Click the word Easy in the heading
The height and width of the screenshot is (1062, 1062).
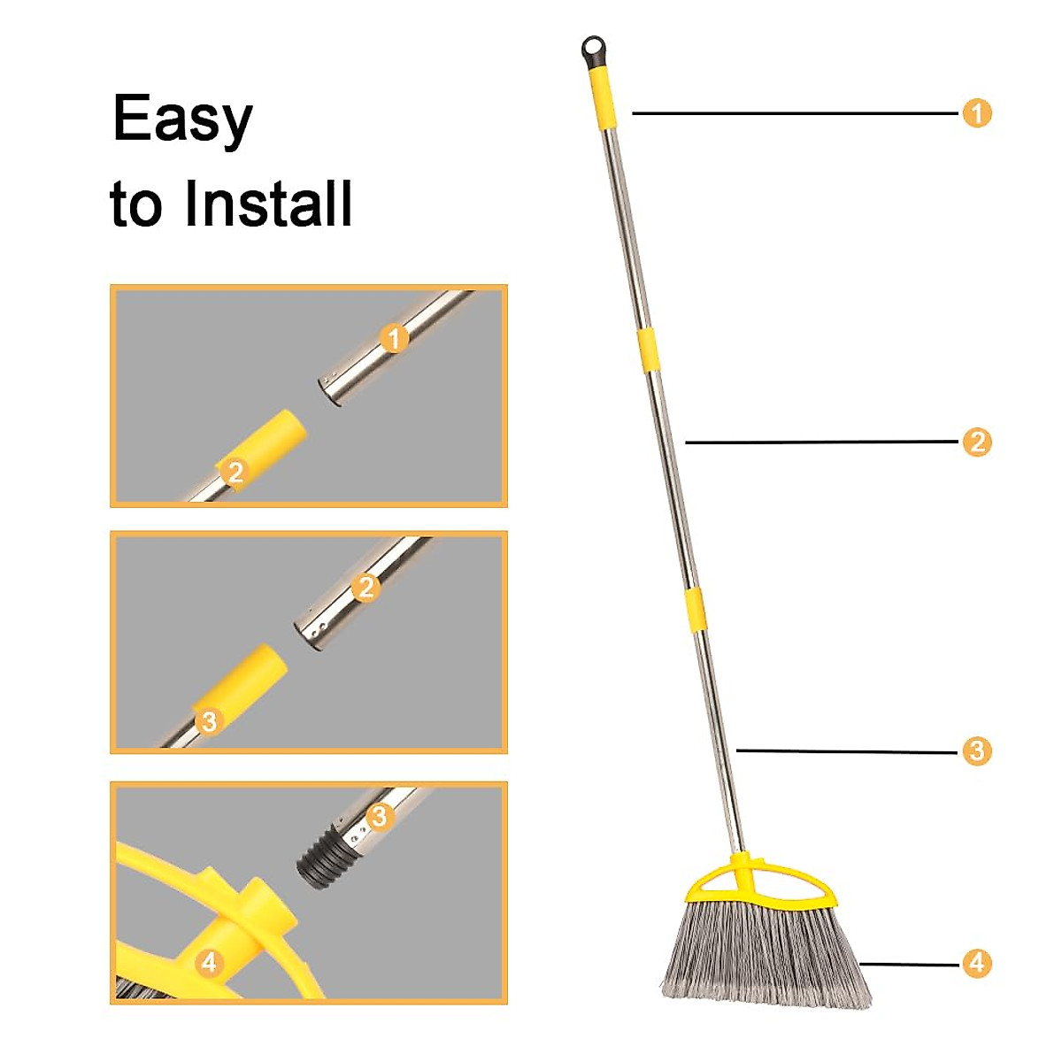tap(182, 120)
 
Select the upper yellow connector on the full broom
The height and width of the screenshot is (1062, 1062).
tap(649, 349)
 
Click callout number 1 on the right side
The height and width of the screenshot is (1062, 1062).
tap(976, 113)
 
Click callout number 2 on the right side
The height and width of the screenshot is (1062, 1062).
tap(976, 442)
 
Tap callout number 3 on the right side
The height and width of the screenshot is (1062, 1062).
tap(976, 751)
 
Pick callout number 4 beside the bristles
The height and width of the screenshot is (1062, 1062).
tap(976, 963)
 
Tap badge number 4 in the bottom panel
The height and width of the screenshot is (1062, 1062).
tap(209, 962)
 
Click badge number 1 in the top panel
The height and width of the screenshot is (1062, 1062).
tap(395, 338)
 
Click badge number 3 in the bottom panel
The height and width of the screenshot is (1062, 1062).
tap(380, 815)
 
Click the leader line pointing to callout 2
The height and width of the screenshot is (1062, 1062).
tap(823, 442)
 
